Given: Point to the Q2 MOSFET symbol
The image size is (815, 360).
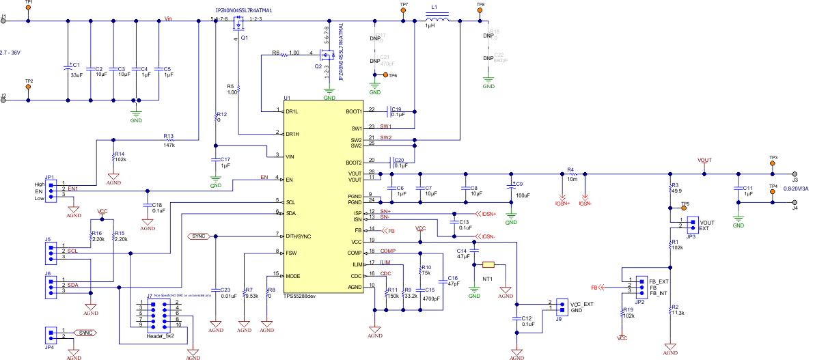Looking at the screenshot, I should [327, 55].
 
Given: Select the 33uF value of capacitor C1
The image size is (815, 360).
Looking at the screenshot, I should [76, 75].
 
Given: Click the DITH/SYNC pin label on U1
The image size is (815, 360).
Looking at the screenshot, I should [299, 235].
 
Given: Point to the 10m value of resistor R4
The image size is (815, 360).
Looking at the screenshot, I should [572, 179].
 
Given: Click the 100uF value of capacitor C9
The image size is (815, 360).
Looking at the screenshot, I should [523, 195].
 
